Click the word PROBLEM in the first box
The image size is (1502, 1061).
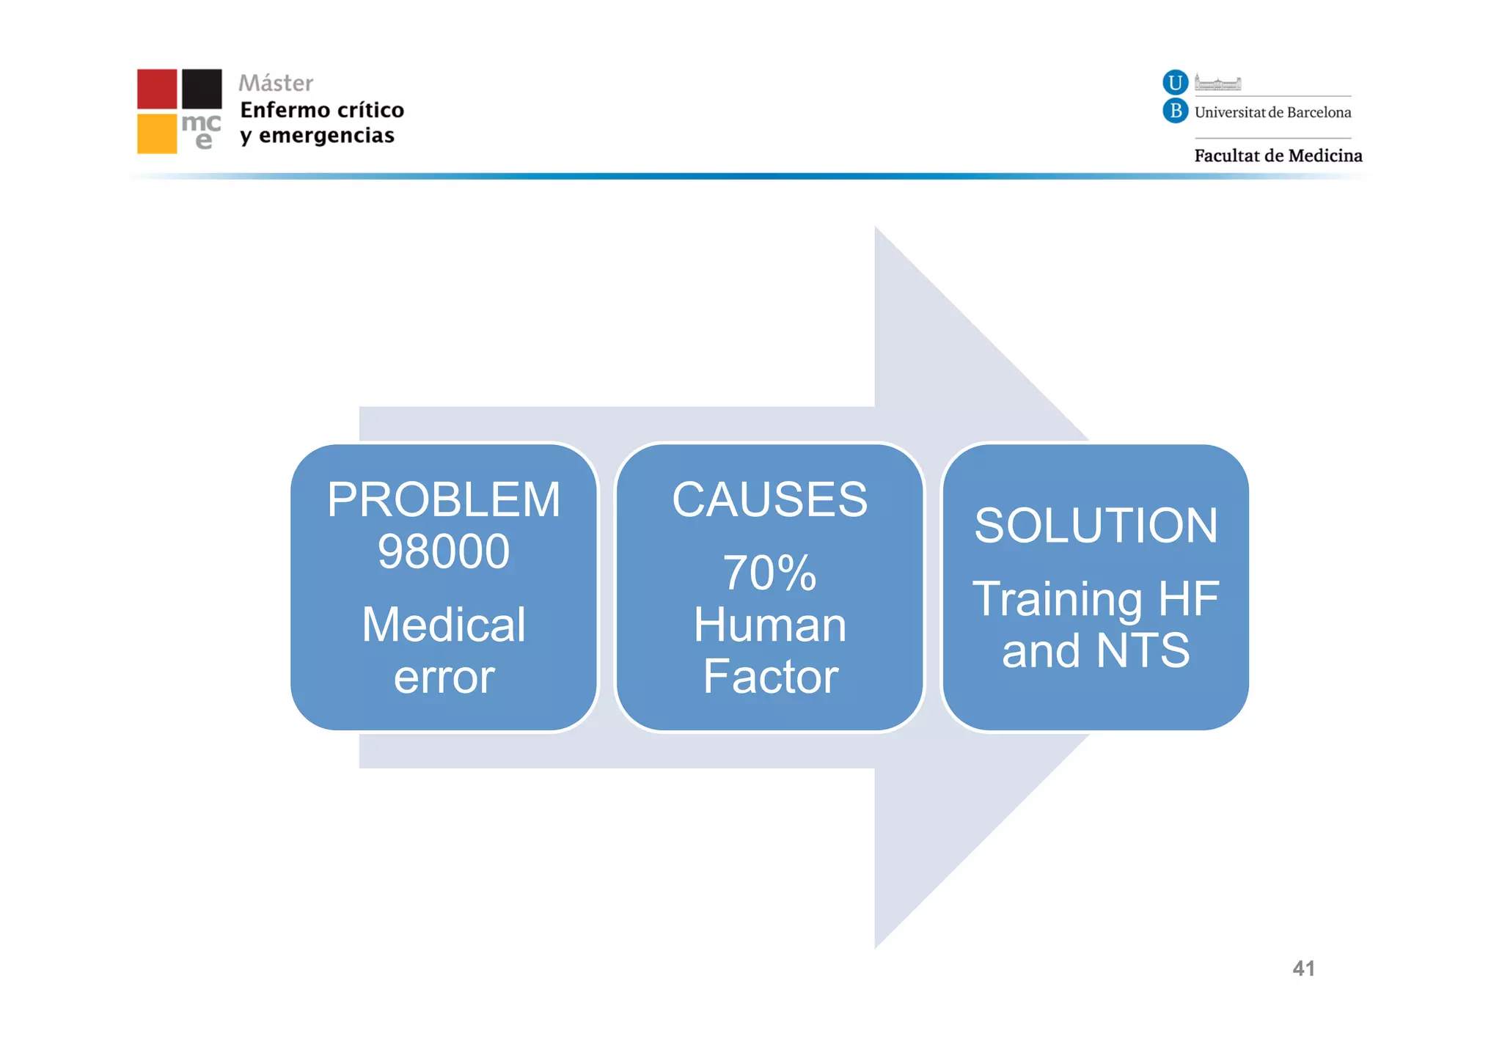tap(443, 500)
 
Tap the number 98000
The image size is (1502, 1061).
tap(443, 551)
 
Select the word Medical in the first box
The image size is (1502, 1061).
tap(443, 625)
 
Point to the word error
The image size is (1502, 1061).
tap(443, 677)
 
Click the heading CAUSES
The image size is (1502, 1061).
tap(769, 500)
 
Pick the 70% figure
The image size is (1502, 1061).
tap(769, 573)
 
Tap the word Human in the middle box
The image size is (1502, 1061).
tap(769, 625)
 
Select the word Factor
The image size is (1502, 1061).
tap(769, 676)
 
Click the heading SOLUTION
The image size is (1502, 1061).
tap(1096, 526)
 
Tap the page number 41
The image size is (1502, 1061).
tap(1303, 969)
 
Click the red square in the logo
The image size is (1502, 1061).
tap(157, 89)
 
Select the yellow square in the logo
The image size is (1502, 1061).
tap(157, 133)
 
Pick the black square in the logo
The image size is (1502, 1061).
tap(202, 89)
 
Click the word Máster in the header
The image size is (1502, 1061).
tap(276, 83)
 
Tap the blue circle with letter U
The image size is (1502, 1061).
tap(1175, 82)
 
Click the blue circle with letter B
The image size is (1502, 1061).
tap(1175, 111)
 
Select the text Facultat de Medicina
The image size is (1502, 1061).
tap(1278, 155)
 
